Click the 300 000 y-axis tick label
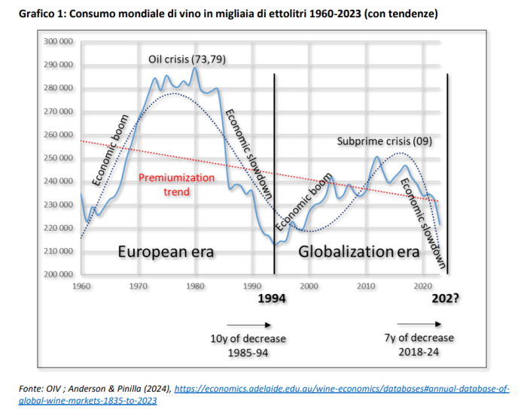58,41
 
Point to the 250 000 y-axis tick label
58,158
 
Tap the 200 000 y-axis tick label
58,274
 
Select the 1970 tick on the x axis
139,286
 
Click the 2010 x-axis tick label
366,286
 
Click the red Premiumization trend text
177,185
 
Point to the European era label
166,252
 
